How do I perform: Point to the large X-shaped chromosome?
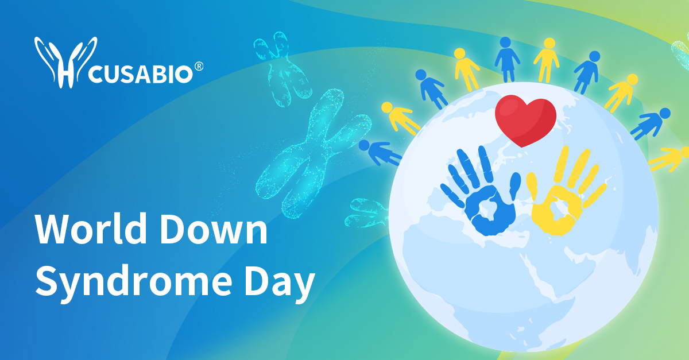pos(309,149)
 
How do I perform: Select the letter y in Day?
pos(303,285)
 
